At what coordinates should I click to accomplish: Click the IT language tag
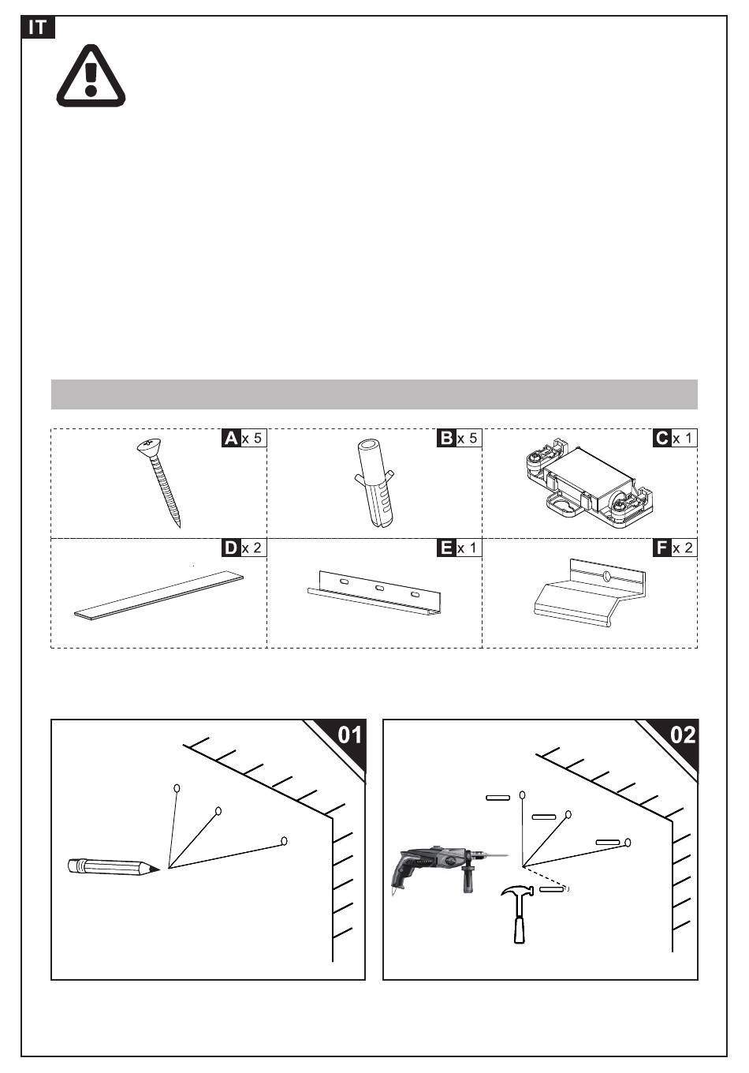click(x=38, y=28)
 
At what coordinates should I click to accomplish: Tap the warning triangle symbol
click(x=91, y=76)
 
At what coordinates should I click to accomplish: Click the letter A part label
click(x=231, y=439)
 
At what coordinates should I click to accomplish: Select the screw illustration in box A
click(x=159, y=483)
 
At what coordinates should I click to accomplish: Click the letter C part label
click(x=662, y=439)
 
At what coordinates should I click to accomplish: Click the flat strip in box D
click(x=159, y=594)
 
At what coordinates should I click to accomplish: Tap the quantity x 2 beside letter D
click(x=252, y=548)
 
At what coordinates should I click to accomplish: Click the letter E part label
click(x=446, y=548)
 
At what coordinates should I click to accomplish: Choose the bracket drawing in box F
click(x=589, y=593)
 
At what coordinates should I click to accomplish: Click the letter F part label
click(x=662, y=548)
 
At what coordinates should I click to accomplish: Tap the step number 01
click(x=349, y=735)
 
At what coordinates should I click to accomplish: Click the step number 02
click(x=683, y=735)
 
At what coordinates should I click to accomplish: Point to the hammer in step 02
click(x=517, y=914)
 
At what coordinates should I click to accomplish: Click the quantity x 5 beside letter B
click(x=468, y=439)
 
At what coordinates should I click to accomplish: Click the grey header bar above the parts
click(x=374, y=394)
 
